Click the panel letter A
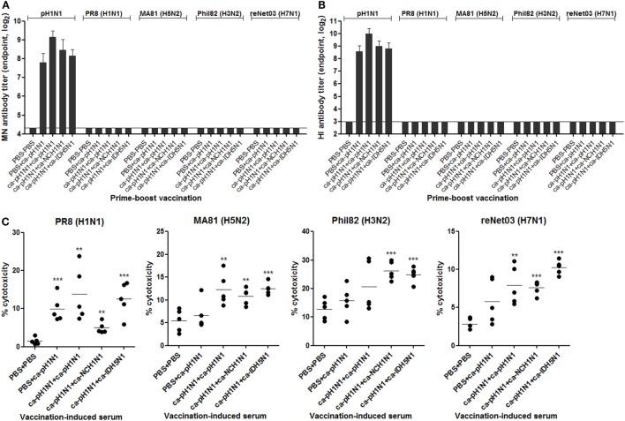[x=6, y=5]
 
